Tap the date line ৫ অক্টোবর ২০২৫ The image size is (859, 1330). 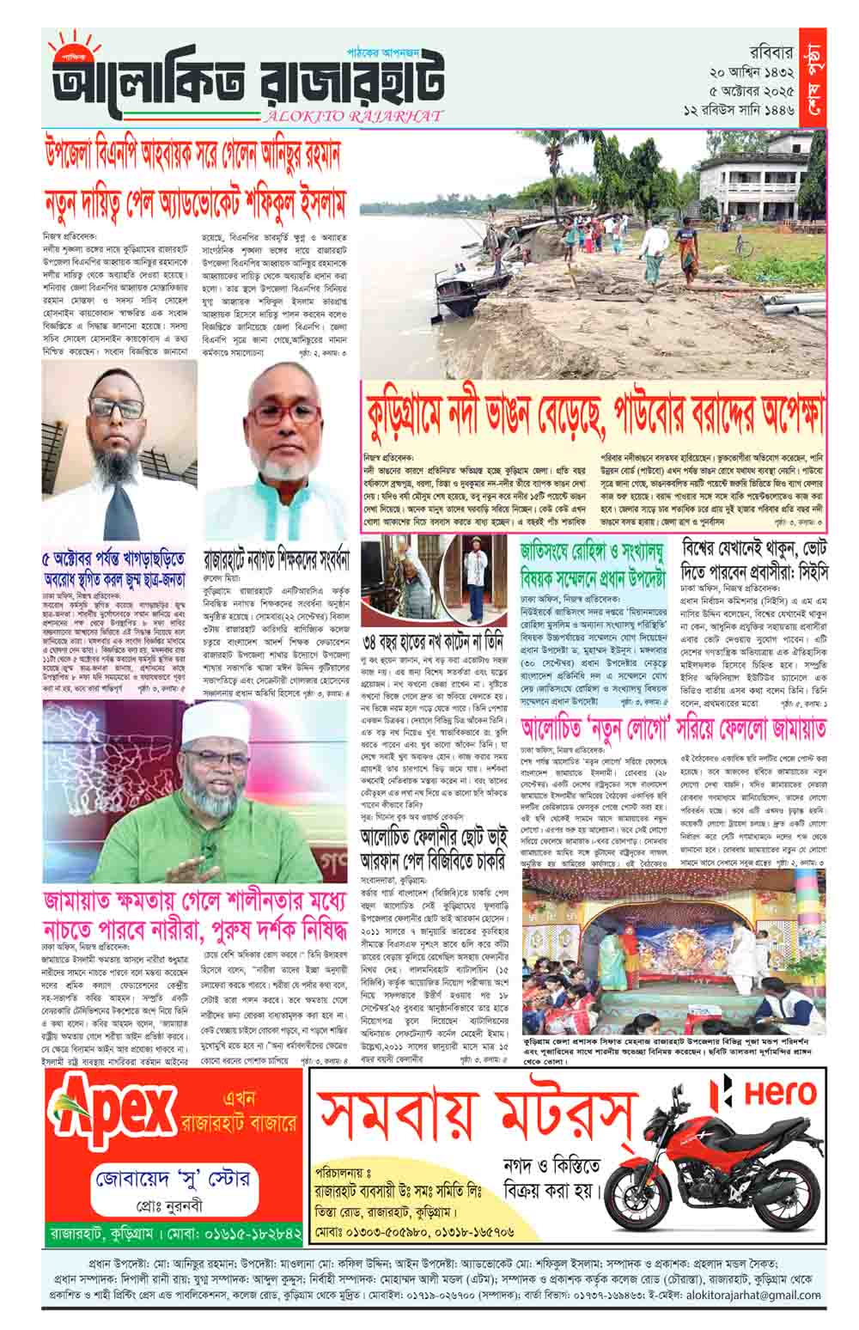pyautogui.click(x=745, y=90)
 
